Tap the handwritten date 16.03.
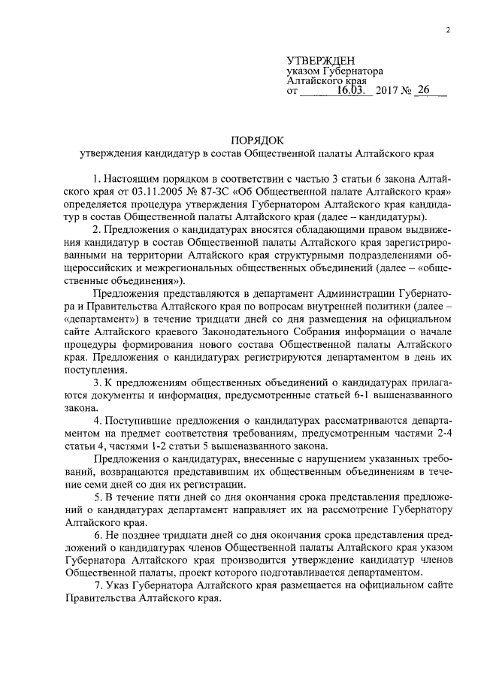350,90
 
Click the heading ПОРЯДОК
257,140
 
